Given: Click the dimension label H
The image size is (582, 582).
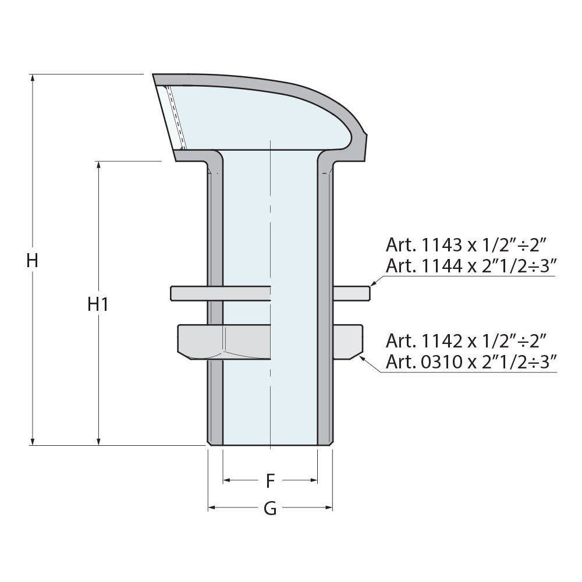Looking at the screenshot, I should [x=33, y=260].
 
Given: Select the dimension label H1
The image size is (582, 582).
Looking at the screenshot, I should [x=98, y=303].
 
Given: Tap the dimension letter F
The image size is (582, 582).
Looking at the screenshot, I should [x=270, y=481].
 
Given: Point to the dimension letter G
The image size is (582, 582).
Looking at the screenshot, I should [x=270, y=509].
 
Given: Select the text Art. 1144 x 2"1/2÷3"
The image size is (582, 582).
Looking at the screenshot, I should [x=472, y=266].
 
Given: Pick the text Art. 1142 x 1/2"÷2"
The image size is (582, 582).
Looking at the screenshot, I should [x=465, y=340].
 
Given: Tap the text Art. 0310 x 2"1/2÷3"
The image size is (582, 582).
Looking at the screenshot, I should [x=472, y=363].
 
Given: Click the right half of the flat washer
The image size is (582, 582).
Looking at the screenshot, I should [x=352, y=293].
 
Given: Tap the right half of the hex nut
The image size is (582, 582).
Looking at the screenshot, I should [x=348, y=341].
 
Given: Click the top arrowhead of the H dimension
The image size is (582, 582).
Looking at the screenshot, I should [x=33, y=79].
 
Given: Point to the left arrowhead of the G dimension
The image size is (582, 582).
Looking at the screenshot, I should [x=212, y=508].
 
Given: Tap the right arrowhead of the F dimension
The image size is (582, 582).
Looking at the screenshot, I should [x=314, y=480].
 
